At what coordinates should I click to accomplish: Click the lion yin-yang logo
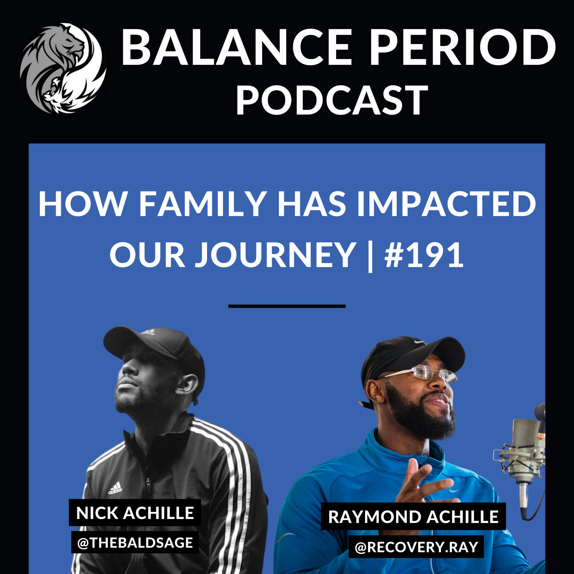point(63,69)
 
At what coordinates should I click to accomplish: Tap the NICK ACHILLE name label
point(135,513)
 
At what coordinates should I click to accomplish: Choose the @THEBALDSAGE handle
point(135,542)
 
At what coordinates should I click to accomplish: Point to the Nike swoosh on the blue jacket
point(455,491)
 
